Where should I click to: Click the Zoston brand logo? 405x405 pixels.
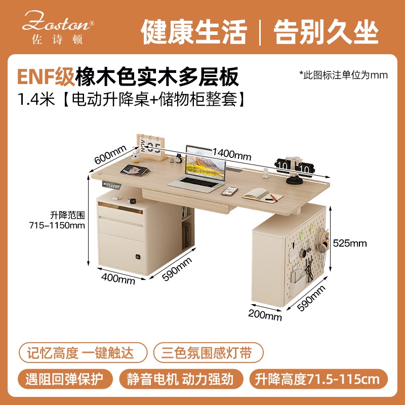pos(58,28)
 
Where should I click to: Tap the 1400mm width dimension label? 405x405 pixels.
pos(232,154)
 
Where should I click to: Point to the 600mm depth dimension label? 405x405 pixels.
pos(110,154)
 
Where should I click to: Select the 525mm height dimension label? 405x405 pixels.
pos(350,243)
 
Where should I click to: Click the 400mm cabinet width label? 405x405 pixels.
pos(118,279)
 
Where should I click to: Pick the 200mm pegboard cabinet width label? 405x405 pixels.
pos(265,315)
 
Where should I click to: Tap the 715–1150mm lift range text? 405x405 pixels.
pos(57,225)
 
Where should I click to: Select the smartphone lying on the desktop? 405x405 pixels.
pos(229,191)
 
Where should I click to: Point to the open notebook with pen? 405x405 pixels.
pos(263,195)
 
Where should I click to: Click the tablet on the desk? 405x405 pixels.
pos(134,170)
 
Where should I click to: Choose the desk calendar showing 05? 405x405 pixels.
pos(151,147)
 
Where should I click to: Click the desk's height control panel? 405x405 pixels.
pos(111,185)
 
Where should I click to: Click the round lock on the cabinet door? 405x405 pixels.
pos(138,257)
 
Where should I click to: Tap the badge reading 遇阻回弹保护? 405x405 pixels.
pos(65,379)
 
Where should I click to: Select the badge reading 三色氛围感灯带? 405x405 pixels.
pos(208,352)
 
